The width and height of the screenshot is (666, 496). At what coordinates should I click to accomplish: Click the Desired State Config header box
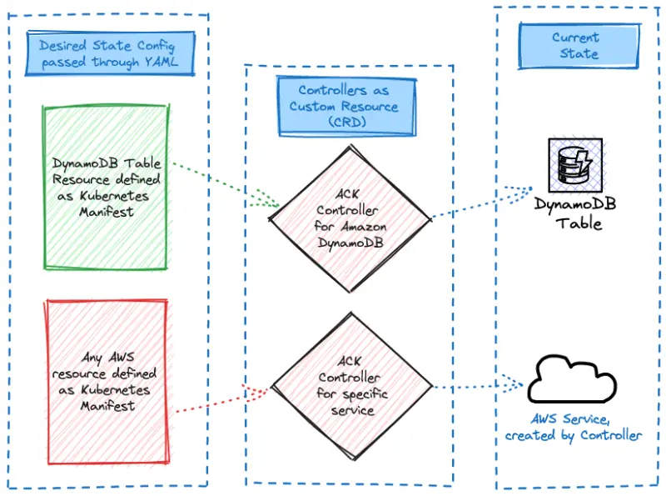tap(108, 52)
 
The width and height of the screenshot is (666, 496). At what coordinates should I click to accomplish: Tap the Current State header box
tap(575, 46)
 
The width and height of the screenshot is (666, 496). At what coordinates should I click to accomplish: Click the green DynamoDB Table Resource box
tap(106, 188)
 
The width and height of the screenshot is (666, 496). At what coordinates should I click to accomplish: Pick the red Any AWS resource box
tap(106, 382)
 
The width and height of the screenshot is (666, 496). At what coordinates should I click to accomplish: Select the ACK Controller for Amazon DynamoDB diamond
tap(348, 219)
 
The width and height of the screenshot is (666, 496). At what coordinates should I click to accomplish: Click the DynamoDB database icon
tap(574, 164)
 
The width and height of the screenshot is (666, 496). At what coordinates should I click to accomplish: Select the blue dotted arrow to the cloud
tap(479, 387)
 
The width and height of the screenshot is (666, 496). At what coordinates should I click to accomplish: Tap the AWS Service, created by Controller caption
tap(574, 427)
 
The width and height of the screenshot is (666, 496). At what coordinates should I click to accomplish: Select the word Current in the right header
tap(575, 38)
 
